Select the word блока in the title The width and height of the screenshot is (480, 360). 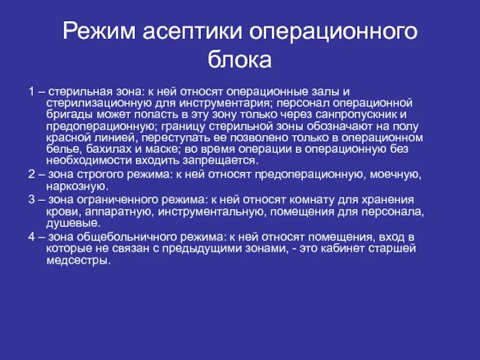click(x=240, y=60)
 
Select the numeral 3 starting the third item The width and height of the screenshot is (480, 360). click(x=30, y=199)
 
